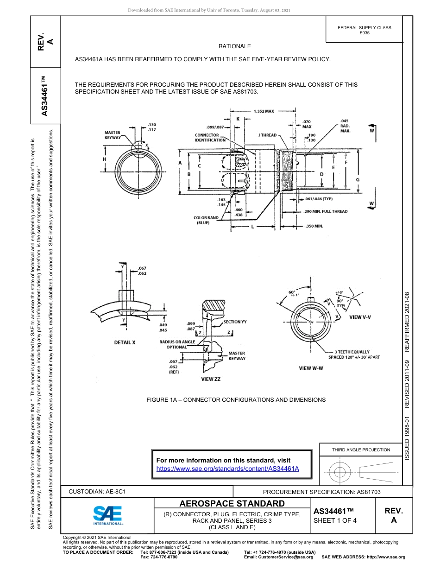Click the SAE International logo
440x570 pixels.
(107, 515)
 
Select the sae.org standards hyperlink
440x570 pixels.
(228, 469)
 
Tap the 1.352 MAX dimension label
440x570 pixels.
(264, 111)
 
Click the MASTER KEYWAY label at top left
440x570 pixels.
(112, 135)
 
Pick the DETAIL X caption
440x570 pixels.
(125, 342)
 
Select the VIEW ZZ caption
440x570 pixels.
(210, 379)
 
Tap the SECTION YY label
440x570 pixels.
(238, 321)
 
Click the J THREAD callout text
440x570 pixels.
(267, 135)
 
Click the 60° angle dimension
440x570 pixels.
(292, 293)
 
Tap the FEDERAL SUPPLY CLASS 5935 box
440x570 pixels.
(364, 30)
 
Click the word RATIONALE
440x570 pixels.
(234, 46)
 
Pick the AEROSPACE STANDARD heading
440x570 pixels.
(232, 504)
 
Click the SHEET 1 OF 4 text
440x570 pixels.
(335, 520)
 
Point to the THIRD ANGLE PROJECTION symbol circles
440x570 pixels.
(340, 472)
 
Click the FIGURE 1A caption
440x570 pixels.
(236, 399)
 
